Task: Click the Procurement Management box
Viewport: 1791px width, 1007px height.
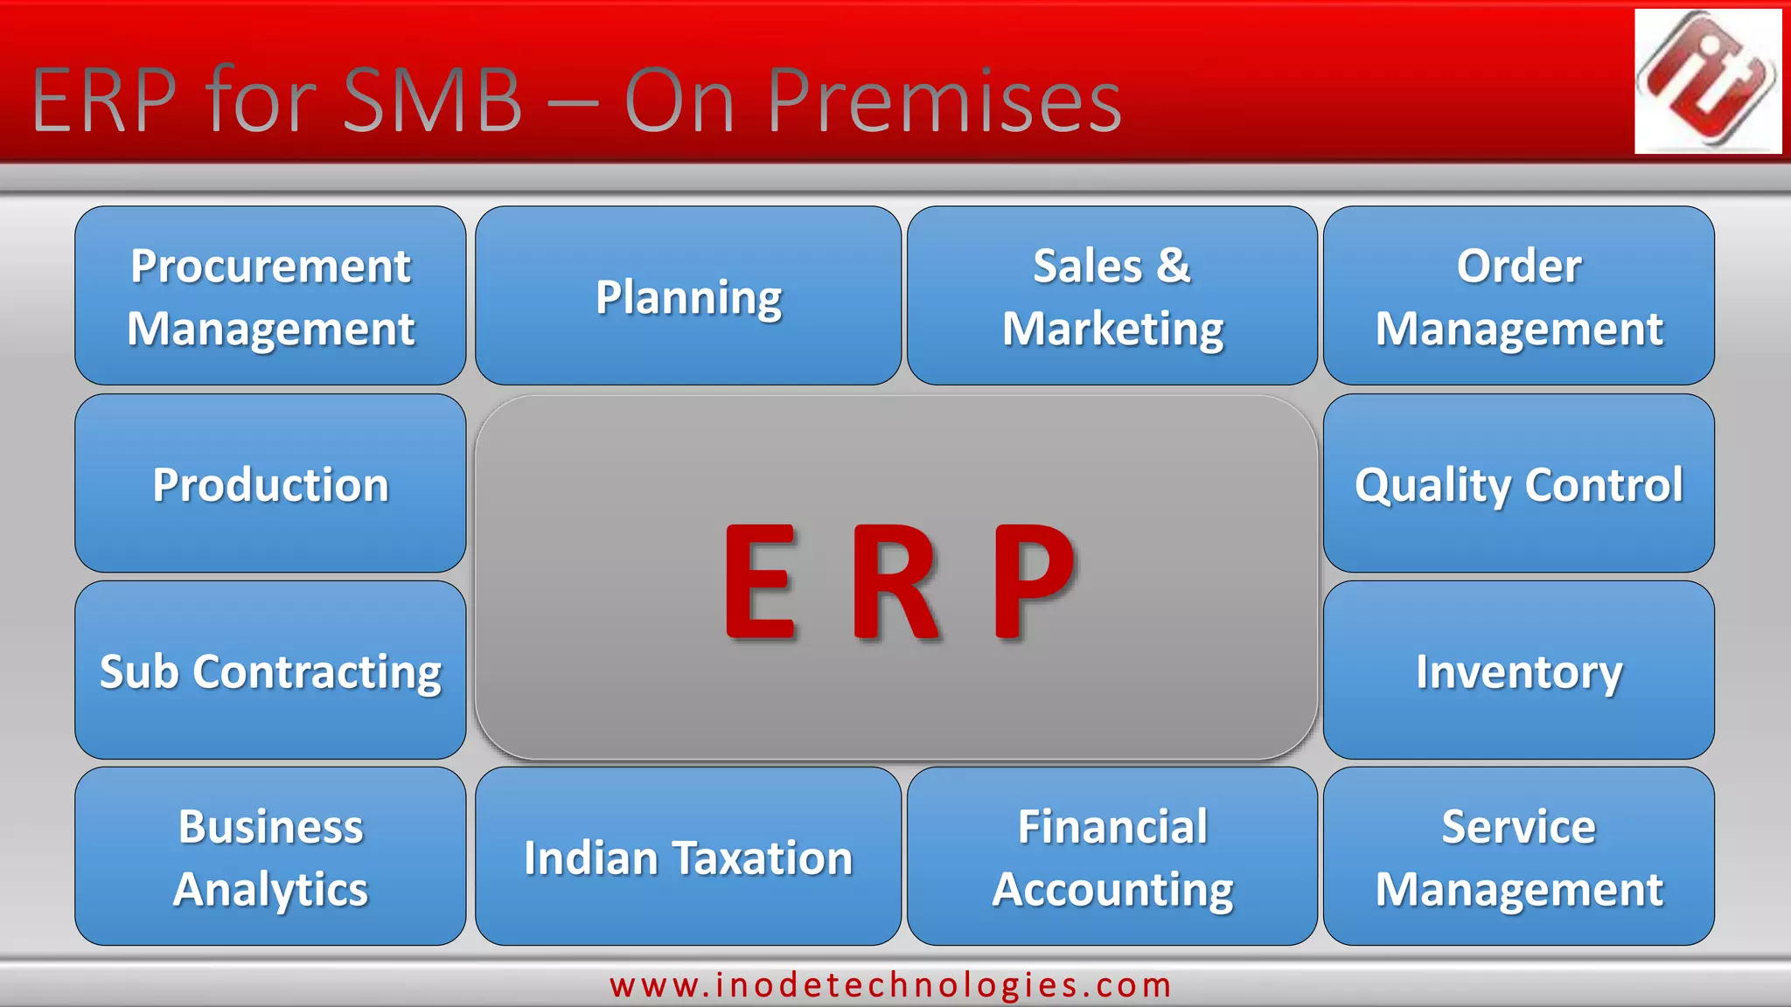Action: click(270, 295)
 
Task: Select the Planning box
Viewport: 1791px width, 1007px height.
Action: click(688, 295)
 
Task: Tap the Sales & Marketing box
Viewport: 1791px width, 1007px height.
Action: click(1112, 295)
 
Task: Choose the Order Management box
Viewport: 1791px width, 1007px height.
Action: click(1518, 295)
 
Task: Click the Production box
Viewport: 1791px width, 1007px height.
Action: click(270, 483)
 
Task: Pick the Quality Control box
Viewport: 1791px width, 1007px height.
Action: click(1518, 483)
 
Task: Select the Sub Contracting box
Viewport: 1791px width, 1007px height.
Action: click(270, 670)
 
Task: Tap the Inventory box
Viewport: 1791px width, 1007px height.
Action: click(1518, 670)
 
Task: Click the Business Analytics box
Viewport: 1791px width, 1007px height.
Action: click(270, 857)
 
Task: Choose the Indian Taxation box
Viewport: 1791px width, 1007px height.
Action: click(688, 857)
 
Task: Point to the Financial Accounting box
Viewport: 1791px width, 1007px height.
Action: click(1112, 857)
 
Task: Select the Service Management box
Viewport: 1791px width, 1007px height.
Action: click(1518, 857)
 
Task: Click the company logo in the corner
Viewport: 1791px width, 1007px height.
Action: click(1707, 80)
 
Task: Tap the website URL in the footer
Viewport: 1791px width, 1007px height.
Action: click(890, 985)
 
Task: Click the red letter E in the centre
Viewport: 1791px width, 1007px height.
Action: click(760, 581)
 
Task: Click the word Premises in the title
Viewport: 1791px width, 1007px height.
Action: click(944, 101)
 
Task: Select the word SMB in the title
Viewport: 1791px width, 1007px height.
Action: click(433, 101)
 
